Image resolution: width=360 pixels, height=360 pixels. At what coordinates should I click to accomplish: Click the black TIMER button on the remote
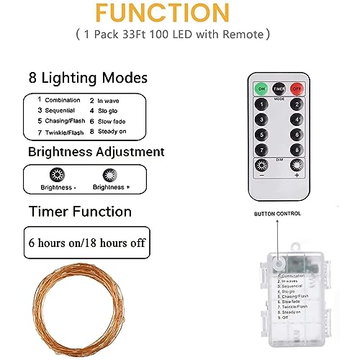point(279,89)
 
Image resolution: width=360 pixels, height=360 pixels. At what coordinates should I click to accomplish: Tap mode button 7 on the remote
point(261,149)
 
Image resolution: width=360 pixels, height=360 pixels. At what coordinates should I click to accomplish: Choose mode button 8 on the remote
point(296,149)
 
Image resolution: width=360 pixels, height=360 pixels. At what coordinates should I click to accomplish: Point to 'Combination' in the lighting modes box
point(63,100)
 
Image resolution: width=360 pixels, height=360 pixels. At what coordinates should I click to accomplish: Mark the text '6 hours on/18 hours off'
point(86,243)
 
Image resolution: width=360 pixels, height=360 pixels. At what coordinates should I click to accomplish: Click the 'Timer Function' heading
point(80,211)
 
